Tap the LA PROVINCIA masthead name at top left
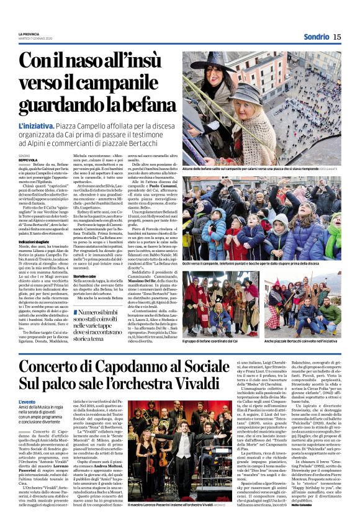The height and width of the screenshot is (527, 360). (x=29, y=34)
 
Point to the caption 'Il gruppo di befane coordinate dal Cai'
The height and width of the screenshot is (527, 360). (x=214, y=341)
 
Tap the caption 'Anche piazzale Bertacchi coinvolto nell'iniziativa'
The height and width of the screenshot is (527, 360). (x=307, y=341)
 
